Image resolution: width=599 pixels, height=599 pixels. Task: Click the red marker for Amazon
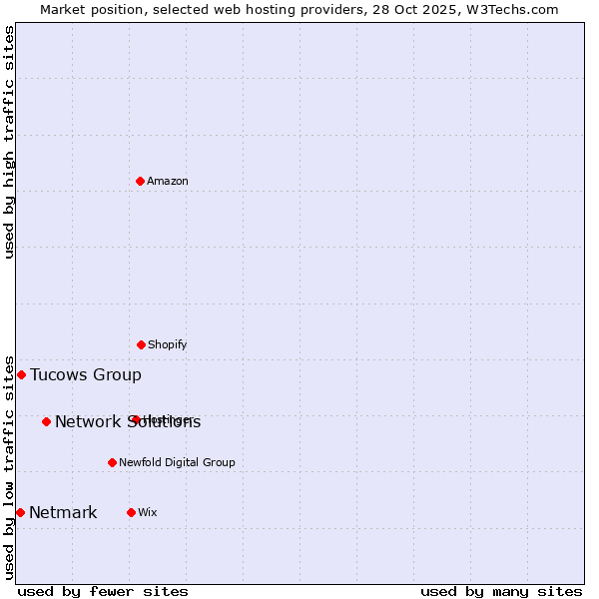pos(141,181)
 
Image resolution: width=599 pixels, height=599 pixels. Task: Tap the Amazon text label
pos(168,181)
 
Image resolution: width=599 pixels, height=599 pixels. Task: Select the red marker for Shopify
pos(141,344)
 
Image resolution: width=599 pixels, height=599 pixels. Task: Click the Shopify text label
pos(168,344)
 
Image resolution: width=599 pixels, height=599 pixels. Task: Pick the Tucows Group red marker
pos(21,374)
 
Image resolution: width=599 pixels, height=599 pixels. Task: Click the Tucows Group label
pos(86,375)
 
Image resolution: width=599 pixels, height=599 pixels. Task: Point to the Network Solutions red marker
pos(46,421)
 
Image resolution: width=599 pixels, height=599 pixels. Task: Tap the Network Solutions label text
pos(128,422)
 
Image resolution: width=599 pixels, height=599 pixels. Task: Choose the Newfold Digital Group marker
pos(112,462)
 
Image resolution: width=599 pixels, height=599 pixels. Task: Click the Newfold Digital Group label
pos(177,462)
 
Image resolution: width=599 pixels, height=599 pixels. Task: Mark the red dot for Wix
pos(131,512)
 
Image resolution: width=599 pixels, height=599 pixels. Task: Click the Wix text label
pos(148,512)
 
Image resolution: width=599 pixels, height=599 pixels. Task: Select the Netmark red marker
pos(20,512)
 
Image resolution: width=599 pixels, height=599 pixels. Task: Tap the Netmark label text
pos(63,513)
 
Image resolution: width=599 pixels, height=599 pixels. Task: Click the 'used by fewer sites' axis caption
pos(103,591)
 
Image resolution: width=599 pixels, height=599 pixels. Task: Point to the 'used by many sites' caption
pos(501,591)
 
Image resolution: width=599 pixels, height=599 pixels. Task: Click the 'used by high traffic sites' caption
pos(10,142)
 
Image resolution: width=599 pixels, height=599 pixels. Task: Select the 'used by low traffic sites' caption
pos(10,466)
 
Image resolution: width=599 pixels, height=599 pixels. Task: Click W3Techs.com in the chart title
pos(508,9)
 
